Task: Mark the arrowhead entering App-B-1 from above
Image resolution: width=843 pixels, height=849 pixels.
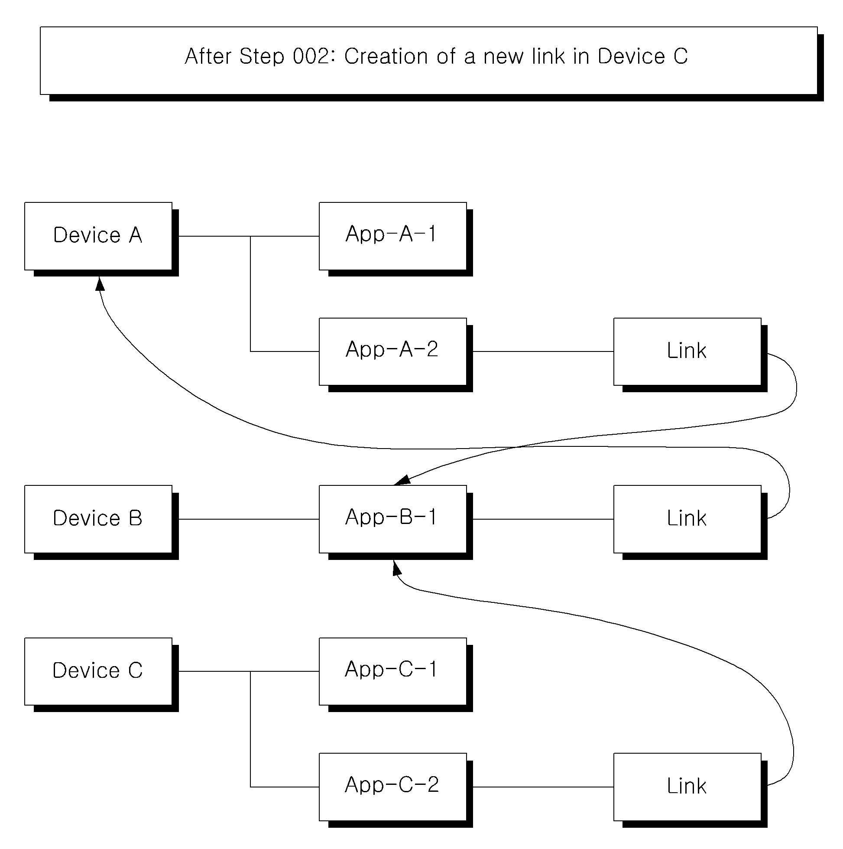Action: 402,480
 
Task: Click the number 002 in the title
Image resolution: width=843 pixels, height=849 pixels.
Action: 311,57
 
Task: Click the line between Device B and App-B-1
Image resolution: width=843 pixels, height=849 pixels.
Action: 249,519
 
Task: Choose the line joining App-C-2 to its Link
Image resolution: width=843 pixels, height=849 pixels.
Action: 543,787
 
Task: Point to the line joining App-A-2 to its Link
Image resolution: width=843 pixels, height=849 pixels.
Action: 543,351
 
